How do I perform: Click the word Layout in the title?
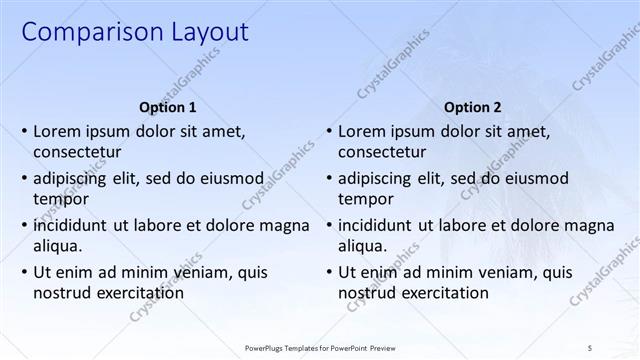(201, 32)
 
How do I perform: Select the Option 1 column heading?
(166, 107)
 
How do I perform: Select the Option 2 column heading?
(472, 107)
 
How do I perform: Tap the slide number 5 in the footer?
(590, 346)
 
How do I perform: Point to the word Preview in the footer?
(393, 346)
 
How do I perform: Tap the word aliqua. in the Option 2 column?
(363, 246)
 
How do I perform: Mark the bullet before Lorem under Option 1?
(23, 132)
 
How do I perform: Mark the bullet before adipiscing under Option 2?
(328, 179)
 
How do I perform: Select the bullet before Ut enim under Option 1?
(23, 272)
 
